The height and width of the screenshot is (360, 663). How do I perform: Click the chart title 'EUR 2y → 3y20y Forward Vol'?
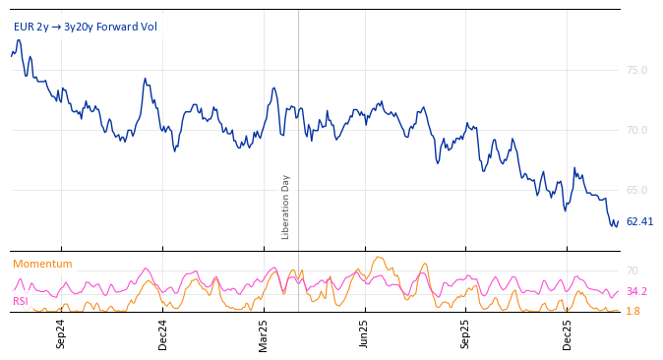(x=86, y=27)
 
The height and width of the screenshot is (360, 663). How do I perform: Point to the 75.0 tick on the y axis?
(x=636, y=70)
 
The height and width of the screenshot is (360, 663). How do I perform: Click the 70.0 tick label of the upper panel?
(x=636, y=130)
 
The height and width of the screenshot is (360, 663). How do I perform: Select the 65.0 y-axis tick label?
(x=636, y=190)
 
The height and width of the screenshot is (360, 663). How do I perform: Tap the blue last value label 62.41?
(x=639, y=221)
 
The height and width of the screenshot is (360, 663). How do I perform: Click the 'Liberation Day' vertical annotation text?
(x=286, y=207)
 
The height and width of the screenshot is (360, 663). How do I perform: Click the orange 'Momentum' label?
(x=42, y=264)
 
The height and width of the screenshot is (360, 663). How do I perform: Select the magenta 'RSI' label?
(x=20, y=301)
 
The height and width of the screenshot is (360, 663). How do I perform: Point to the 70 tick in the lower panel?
(x=632, y=270)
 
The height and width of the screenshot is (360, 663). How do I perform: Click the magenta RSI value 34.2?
(x=636, y=291)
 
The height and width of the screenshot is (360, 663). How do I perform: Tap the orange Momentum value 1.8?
(x=633, y=311)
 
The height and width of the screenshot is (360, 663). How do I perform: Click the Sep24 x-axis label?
(x=61, y=333)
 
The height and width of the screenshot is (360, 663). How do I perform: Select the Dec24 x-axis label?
(x=162, y=333)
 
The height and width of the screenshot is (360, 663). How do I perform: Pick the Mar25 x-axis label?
(x=263, y=333)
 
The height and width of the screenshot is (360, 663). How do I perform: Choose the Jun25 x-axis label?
(x=364, y=333)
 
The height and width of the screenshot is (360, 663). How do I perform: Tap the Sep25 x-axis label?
(x=465, y=333)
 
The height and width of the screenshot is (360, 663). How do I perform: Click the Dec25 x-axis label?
(x=567, y=333)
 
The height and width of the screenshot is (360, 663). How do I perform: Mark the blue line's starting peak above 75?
(x=18, y=40)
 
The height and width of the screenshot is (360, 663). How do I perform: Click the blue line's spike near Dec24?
(x=145, y=79)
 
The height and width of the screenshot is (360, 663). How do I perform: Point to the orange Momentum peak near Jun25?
(x=378, y=258)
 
